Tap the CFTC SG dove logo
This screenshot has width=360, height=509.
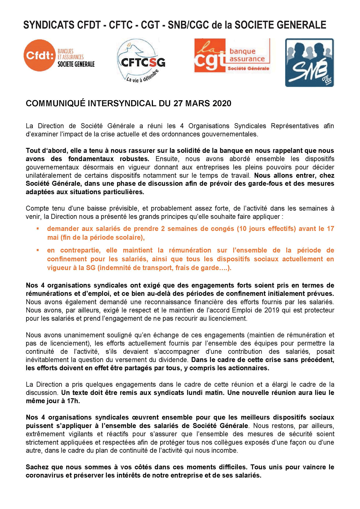click(141, 61)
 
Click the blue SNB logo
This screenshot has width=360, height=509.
click(309, 63)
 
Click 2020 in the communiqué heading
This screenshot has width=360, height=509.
click(222, 103)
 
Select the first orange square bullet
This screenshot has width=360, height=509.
click(38, 228)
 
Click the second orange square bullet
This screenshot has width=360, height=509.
click(38, 250)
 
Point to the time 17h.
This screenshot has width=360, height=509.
click(73, 401)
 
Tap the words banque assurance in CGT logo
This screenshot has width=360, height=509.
click(247, 55)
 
